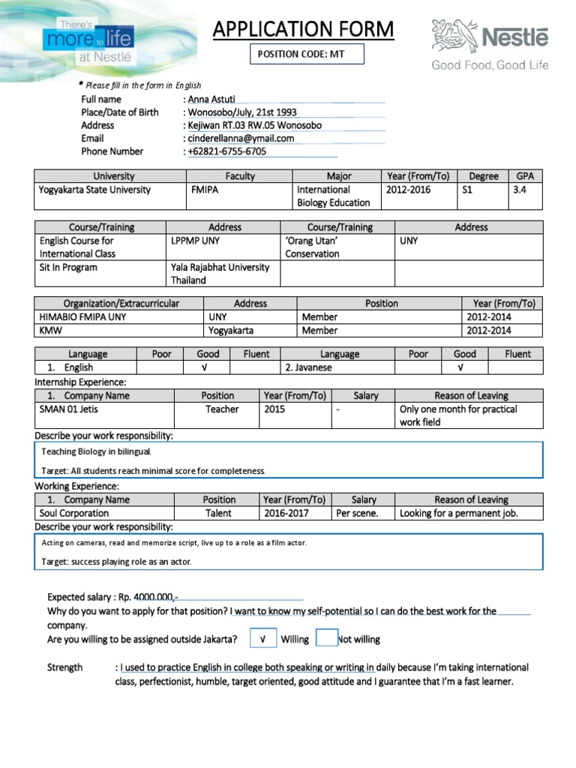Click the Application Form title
(303, 29)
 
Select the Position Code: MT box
(307, 55)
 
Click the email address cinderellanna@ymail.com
(241, 138)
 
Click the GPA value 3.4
(520, 190)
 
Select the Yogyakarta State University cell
(94, 190)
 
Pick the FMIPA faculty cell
(205, 190)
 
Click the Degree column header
(483, 176)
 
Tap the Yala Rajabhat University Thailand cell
(220, 274)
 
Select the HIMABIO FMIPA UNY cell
(83, 317)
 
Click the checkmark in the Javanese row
(460, 367)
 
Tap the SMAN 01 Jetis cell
(69, 409)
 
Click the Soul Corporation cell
(74, 514)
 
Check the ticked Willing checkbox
(262, 639)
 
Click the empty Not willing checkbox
(327, 638)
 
